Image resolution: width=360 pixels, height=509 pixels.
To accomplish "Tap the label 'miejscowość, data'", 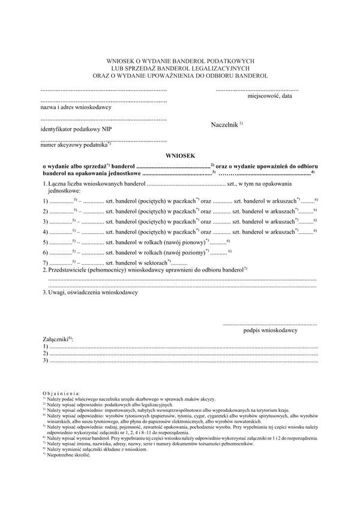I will point(270,96).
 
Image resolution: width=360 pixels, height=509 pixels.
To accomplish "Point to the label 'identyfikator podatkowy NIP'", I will point(76,129).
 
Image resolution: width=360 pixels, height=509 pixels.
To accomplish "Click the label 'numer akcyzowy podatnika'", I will point(74,145).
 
